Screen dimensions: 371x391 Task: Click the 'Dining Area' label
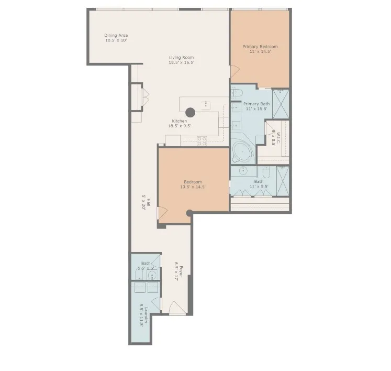click(116, 35)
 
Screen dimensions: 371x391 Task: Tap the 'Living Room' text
click(181, 57)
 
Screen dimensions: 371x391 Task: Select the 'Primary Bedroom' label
click(260, 47)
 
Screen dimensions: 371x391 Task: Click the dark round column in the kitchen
click(191, 112)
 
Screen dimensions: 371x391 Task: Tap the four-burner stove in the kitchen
click(202, 140)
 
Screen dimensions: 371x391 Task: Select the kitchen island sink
click(207, 104)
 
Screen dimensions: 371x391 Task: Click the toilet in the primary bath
click(236, 93)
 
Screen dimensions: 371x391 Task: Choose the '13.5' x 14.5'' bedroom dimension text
click(193, 187)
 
